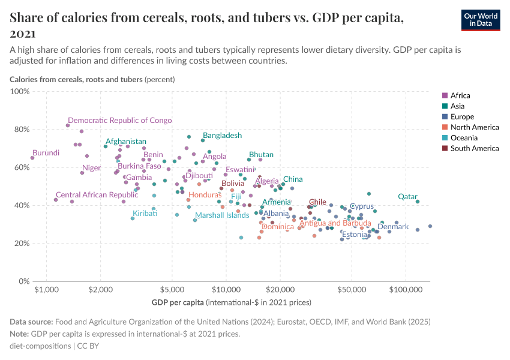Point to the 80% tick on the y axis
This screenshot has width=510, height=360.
click(x=20, y=130)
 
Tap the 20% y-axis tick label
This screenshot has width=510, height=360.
click(x=20, y=244)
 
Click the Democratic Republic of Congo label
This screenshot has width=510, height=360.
click(x=119, y=121)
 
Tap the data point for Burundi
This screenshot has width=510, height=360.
click(x=32, y=158)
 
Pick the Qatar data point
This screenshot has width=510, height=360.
click(x=418, y=202)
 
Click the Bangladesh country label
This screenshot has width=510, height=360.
click(x=222, y=136)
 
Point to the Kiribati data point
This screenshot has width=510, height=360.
click(x=133, y=218)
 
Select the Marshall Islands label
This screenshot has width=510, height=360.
click(x=222, y=215)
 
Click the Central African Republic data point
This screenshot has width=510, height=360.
click(x=56, y=200)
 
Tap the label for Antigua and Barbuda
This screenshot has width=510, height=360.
click(x=335, y=223)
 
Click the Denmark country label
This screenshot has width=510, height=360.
click(x=393, y=227)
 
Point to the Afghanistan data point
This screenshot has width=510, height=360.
click(x=106, y=146)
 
